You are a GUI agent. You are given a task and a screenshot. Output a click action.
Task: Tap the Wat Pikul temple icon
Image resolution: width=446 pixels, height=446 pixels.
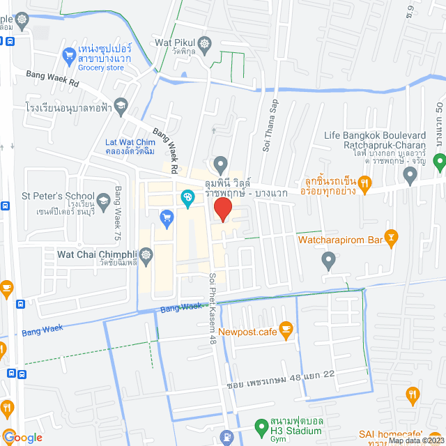204,43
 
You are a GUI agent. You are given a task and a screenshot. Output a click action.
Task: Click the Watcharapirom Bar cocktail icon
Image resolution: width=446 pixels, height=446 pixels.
391,239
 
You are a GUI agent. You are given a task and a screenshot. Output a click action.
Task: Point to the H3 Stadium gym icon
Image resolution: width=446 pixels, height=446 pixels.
261,424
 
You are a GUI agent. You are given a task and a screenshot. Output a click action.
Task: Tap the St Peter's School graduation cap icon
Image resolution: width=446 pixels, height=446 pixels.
103,201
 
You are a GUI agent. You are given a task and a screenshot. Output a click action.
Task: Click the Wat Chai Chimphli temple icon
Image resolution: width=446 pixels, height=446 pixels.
146,256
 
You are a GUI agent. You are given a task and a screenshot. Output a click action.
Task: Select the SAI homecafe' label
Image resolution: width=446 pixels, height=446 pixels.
404,434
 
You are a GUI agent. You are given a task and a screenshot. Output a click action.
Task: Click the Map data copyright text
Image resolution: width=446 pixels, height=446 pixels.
415,440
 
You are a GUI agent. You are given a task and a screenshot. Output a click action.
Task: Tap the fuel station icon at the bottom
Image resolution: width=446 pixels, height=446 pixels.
227,438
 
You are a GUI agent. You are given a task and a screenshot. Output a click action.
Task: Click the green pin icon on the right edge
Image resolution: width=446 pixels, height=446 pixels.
439,162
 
